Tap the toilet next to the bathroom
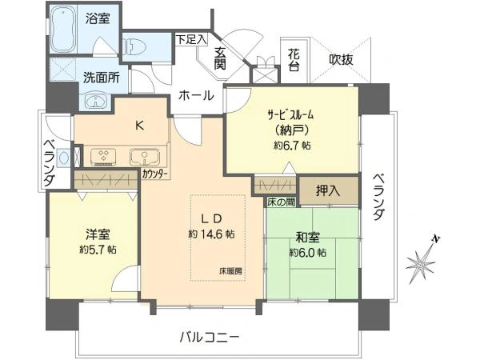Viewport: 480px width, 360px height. tap(136, 44)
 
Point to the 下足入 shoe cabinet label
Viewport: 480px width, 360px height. tap(191, 38)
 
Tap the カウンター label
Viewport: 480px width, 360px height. tap(154, 173)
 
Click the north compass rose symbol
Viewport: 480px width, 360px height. tap(421, 262)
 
